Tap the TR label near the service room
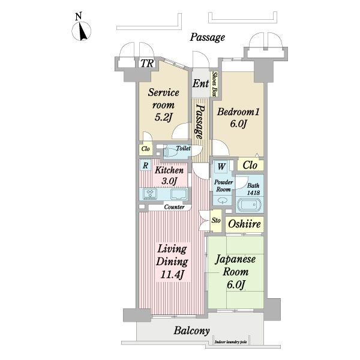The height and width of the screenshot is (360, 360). pos(147,64)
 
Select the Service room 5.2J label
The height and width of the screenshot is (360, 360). pos(163,104)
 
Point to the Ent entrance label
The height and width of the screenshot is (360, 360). pos(200,83)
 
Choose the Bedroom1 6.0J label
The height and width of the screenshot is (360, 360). pos(238,118)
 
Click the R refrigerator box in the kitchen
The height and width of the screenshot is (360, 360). pos(145,166)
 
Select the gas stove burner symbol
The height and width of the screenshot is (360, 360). pos(150,193)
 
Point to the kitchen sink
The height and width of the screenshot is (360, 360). pos(179,194)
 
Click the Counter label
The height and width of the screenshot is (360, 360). pos(174,207)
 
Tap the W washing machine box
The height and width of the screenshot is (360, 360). pos(221,166)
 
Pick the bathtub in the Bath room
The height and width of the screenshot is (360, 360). pos(249,205)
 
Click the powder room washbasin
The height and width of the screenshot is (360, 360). pos(222,200)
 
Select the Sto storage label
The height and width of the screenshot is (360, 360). pos(216,220)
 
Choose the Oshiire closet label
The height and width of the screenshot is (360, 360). pos(245,224)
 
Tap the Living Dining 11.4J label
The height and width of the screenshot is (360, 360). pos(172,262)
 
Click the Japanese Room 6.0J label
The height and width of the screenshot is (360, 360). pos(236,272)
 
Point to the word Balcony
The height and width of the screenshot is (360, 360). pos(191,331)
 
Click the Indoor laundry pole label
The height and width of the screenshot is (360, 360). pos(231,342)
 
